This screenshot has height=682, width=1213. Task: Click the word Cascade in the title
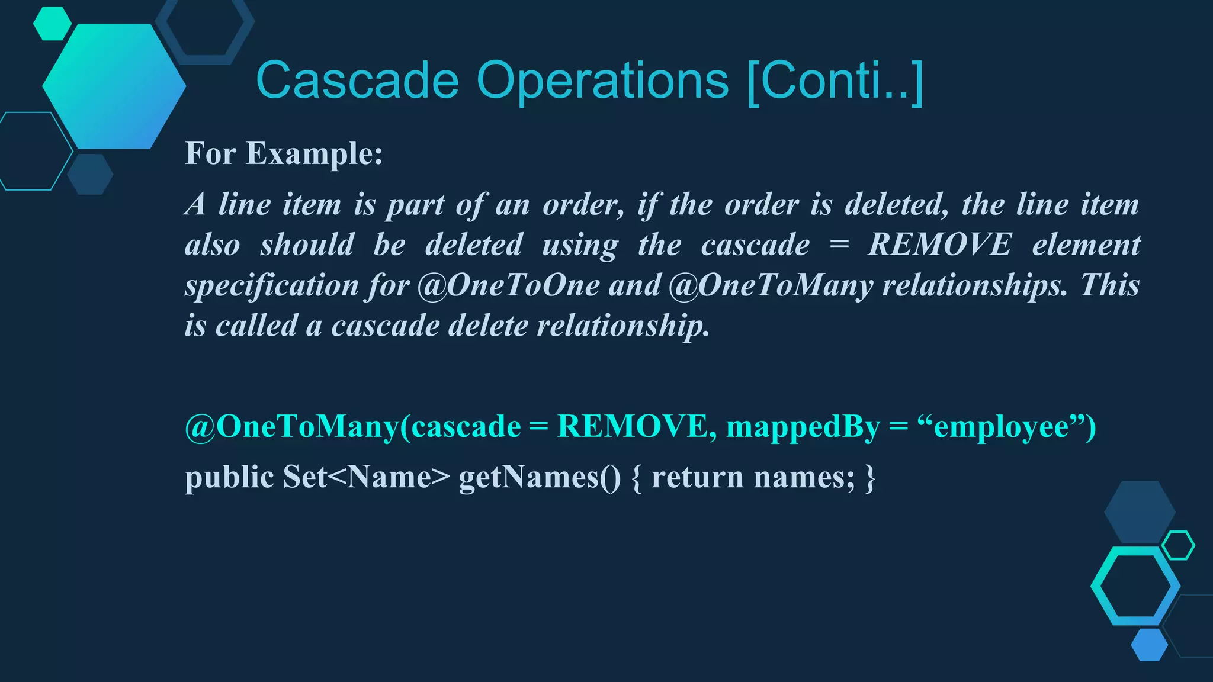357,81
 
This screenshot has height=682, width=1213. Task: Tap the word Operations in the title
602,81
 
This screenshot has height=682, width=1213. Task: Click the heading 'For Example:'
284,153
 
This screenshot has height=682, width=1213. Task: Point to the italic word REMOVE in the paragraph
939,245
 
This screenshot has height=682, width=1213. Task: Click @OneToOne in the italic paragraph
508,285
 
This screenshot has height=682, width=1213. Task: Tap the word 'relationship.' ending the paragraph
622,326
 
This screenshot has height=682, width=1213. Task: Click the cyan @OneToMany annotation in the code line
292,426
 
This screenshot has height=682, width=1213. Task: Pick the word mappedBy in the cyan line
803,426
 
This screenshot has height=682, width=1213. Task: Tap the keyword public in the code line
229,477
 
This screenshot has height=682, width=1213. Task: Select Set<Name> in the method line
366,477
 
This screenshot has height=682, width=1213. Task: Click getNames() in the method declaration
540,477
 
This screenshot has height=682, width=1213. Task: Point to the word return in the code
697,477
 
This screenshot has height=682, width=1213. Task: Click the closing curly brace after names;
869,477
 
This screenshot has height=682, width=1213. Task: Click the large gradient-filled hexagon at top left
114,86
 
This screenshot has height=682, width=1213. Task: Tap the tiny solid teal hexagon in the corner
52,24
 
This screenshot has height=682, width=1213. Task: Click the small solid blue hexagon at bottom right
1149,645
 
